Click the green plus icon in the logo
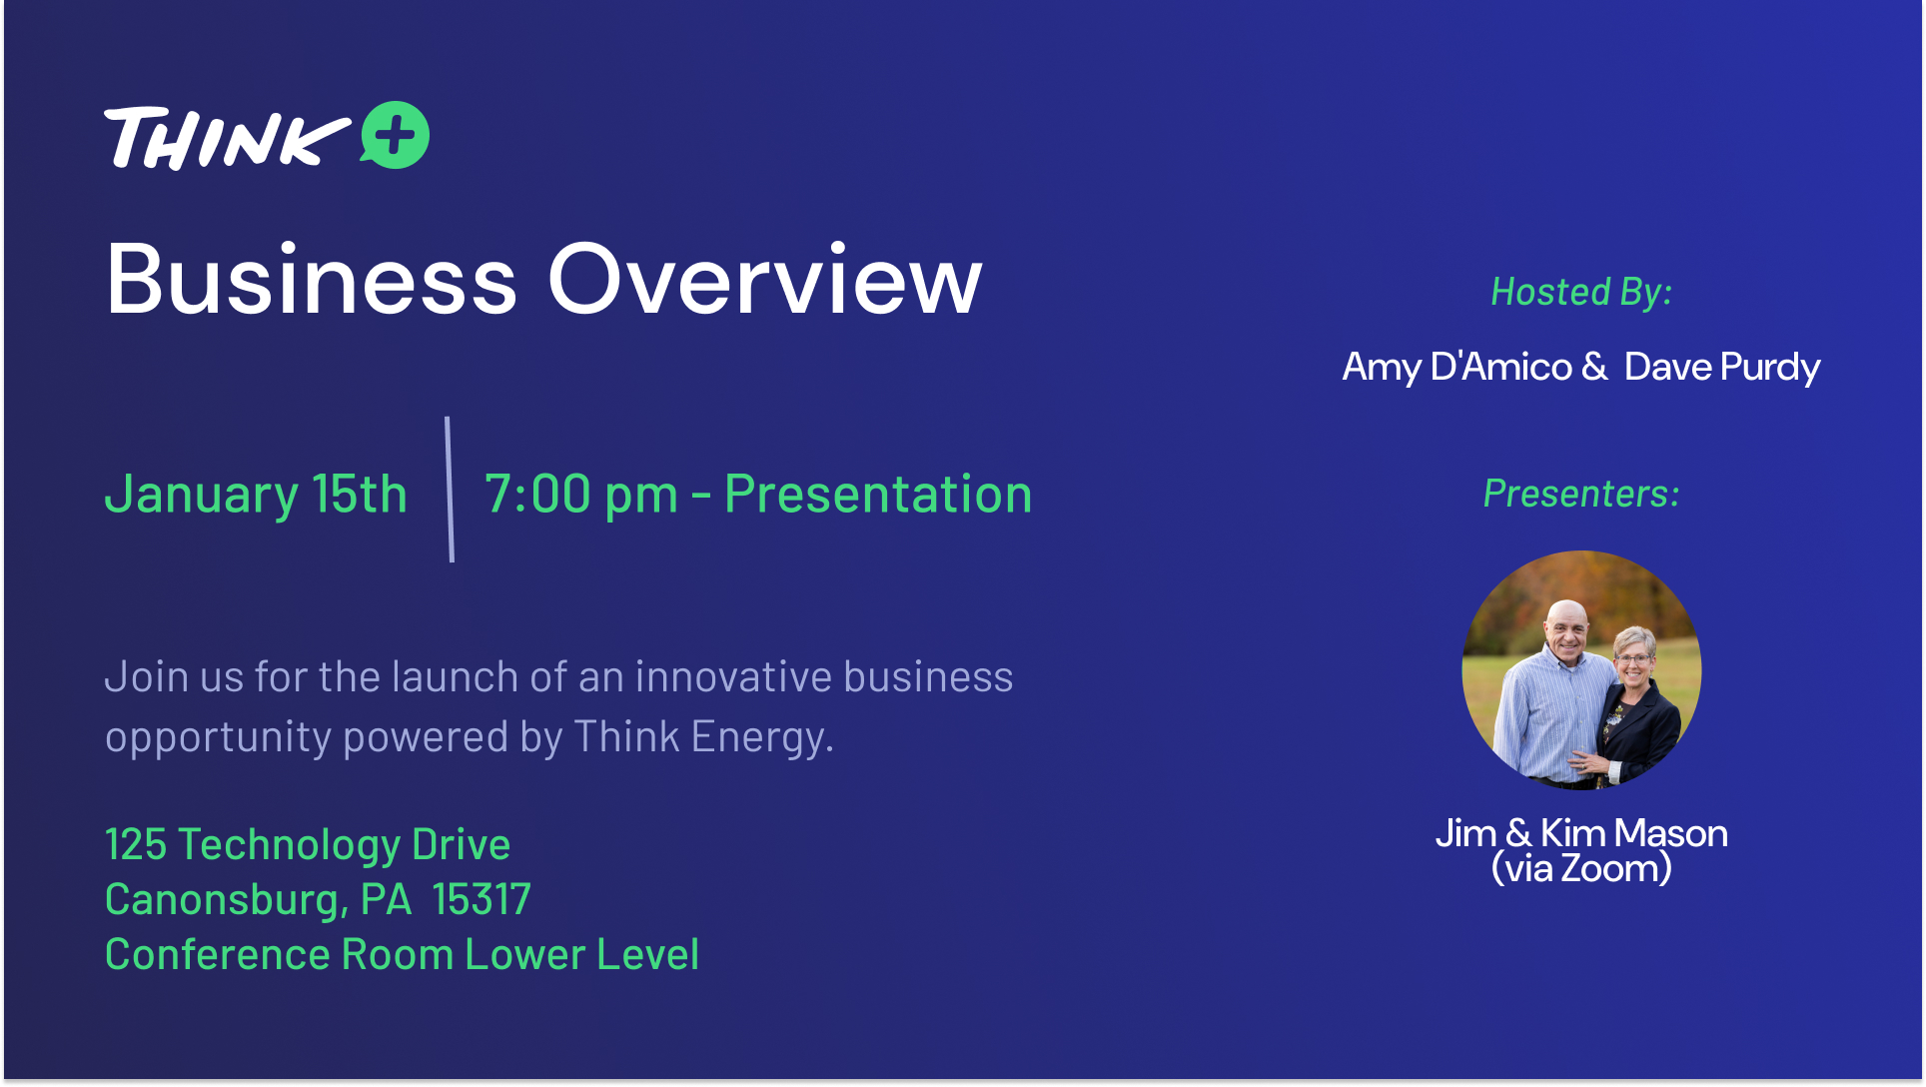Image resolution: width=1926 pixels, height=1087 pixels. click(396, 135)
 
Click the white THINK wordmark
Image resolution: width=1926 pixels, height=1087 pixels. click(227, 138)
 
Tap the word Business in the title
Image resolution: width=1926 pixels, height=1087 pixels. click(312, 280)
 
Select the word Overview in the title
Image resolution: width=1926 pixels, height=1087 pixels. click(765, 280)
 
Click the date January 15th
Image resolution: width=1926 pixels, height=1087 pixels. click(256, 495)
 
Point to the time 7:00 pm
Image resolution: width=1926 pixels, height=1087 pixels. click(581, 495)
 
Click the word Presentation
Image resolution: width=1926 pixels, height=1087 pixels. click(878, 495)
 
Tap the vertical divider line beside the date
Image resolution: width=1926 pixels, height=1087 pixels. click(450, 490)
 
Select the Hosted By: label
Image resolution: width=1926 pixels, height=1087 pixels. click(1581, 292)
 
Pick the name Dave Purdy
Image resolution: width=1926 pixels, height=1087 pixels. click(1722, 368)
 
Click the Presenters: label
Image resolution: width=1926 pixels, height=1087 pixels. click(1581, 494)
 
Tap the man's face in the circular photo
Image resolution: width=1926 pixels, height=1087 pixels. click(1565, 631)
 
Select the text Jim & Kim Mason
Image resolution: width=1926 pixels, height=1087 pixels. click(1581, 833)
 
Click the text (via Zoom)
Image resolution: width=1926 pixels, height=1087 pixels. click(1581, 868)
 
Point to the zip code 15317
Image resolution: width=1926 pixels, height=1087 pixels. click(481, 899)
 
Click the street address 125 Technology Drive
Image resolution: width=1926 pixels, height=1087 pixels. click(308, 845)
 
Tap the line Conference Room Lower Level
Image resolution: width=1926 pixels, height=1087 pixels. click(402, 955)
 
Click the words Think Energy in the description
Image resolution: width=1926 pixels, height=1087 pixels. click(703, 737)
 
